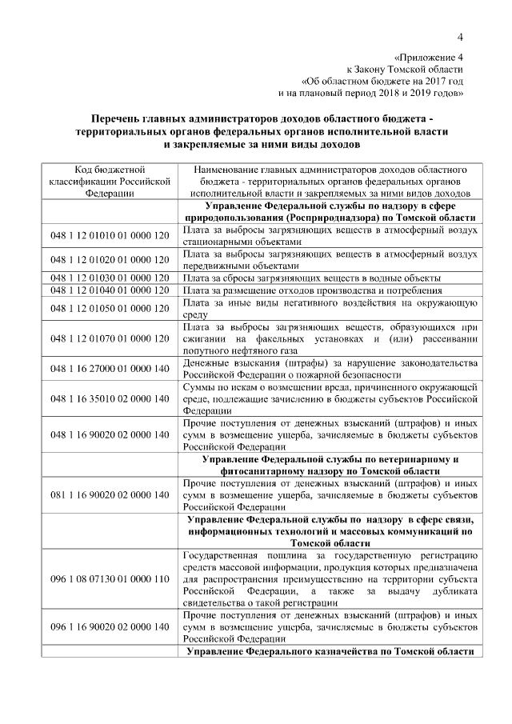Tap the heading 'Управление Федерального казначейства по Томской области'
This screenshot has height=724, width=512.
pos(330,652)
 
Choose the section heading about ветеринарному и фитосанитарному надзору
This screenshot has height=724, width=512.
pos(330,466)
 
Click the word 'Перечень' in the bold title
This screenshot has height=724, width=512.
pos(118,118)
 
